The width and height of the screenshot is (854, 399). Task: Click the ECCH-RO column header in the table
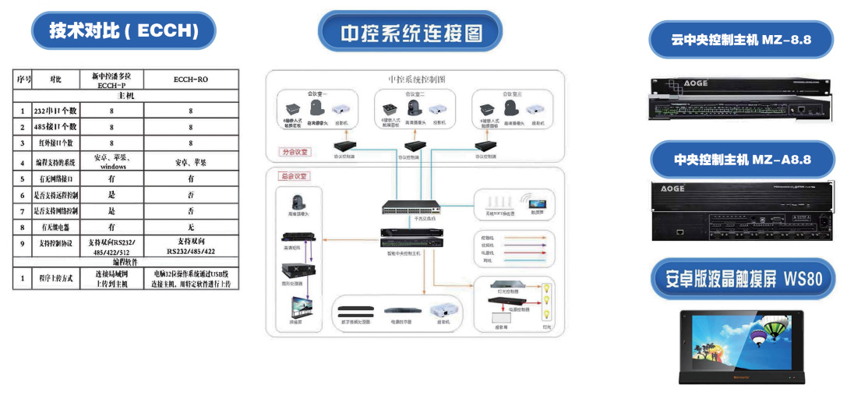click(x=190, y=79)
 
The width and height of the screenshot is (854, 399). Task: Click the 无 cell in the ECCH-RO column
click(x=190, y=227)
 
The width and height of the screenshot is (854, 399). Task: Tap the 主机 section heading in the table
click(x=124, y=95)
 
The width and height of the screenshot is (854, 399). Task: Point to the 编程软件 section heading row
click(x=124, y=263)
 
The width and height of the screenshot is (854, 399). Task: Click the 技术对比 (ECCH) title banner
click(x=123, y=31)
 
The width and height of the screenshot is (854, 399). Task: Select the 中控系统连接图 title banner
click(x=411, y=34)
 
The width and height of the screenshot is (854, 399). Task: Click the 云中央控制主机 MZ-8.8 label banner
click(x=741, y=40)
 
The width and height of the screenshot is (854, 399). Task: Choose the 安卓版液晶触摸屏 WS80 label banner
click(x=741, y=278)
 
